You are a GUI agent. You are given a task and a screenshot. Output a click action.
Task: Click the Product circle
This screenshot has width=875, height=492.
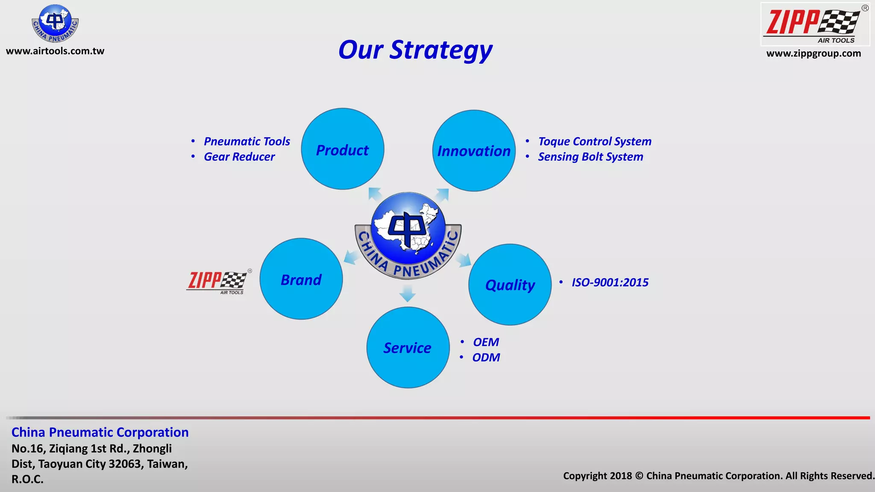pos(342,149)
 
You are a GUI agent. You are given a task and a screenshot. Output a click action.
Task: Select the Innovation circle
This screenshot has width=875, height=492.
pos(474,151)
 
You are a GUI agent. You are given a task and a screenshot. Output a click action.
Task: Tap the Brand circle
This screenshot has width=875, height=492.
pos(301,279)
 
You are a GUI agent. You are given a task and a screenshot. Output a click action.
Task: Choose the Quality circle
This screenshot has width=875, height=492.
pos(510,284)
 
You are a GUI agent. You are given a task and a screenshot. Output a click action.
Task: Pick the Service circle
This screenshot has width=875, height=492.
pos(408,348)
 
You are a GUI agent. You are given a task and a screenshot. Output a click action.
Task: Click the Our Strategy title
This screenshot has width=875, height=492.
pos(415,50)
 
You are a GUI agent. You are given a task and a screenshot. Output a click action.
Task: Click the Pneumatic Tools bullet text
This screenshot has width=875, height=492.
pos(247,141)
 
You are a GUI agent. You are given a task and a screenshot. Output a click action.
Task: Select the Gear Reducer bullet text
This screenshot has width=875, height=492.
pos(239,157)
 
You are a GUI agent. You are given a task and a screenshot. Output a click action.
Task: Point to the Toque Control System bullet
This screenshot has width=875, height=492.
pos(594,141)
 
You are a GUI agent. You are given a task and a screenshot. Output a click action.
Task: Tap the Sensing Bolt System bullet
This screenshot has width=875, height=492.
pos(590,157)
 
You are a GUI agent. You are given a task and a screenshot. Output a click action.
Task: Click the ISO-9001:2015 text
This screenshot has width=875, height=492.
pos(610,282)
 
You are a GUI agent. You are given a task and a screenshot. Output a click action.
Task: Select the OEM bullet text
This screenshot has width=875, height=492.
pos(486,342)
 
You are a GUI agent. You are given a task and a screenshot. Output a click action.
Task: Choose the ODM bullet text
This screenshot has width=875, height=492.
pos(486,357)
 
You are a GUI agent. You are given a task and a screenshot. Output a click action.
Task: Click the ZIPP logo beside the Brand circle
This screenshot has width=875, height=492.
pos(218,282)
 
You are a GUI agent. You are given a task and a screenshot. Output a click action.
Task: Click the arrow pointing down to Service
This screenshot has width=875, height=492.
pos(408,294)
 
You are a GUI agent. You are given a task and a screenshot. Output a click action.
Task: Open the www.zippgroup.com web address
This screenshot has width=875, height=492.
pos(813,54)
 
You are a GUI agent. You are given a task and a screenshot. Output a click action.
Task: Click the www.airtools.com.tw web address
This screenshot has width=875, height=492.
pos(55,51)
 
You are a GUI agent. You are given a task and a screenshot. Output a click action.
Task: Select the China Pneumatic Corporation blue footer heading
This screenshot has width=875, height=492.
pos(100,432)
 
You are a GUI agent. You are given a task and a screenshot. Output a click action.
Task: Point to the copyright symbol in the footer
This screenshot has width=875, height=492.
pos(639,476)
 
